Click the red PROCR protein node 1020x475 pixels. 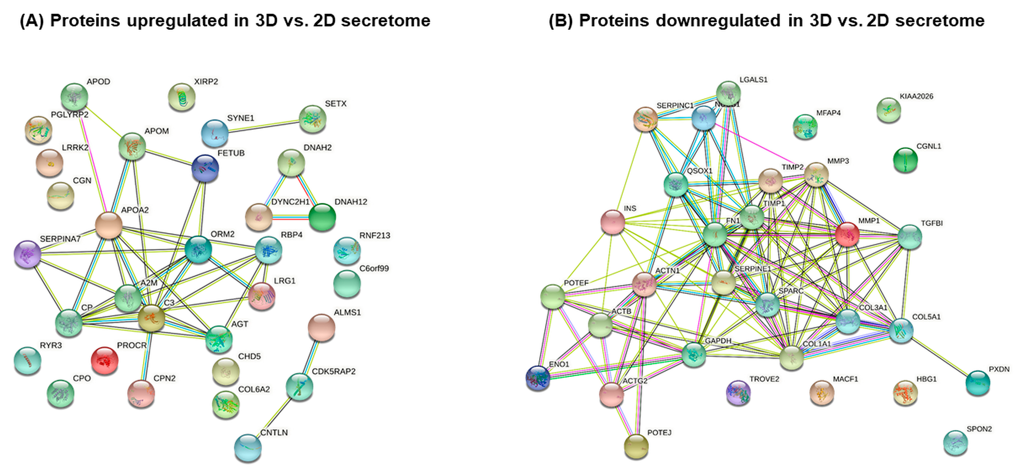(105, 360)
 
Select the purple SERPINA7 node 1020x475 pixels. (27, 254)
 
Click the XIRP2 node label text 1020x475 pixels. (206, 82)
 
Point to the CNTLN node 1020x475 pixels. (248, 448)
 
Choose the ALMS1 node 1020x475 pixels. (321, 327)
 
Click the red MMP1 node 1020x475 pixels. (847, 234)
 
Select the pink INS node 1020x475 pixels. (612, 222)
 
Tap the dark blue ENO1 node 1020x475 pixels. (538, 378)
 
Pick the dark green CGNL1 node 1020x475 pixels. (905, 160)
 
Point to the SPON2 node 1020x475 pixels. (955, 442)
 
